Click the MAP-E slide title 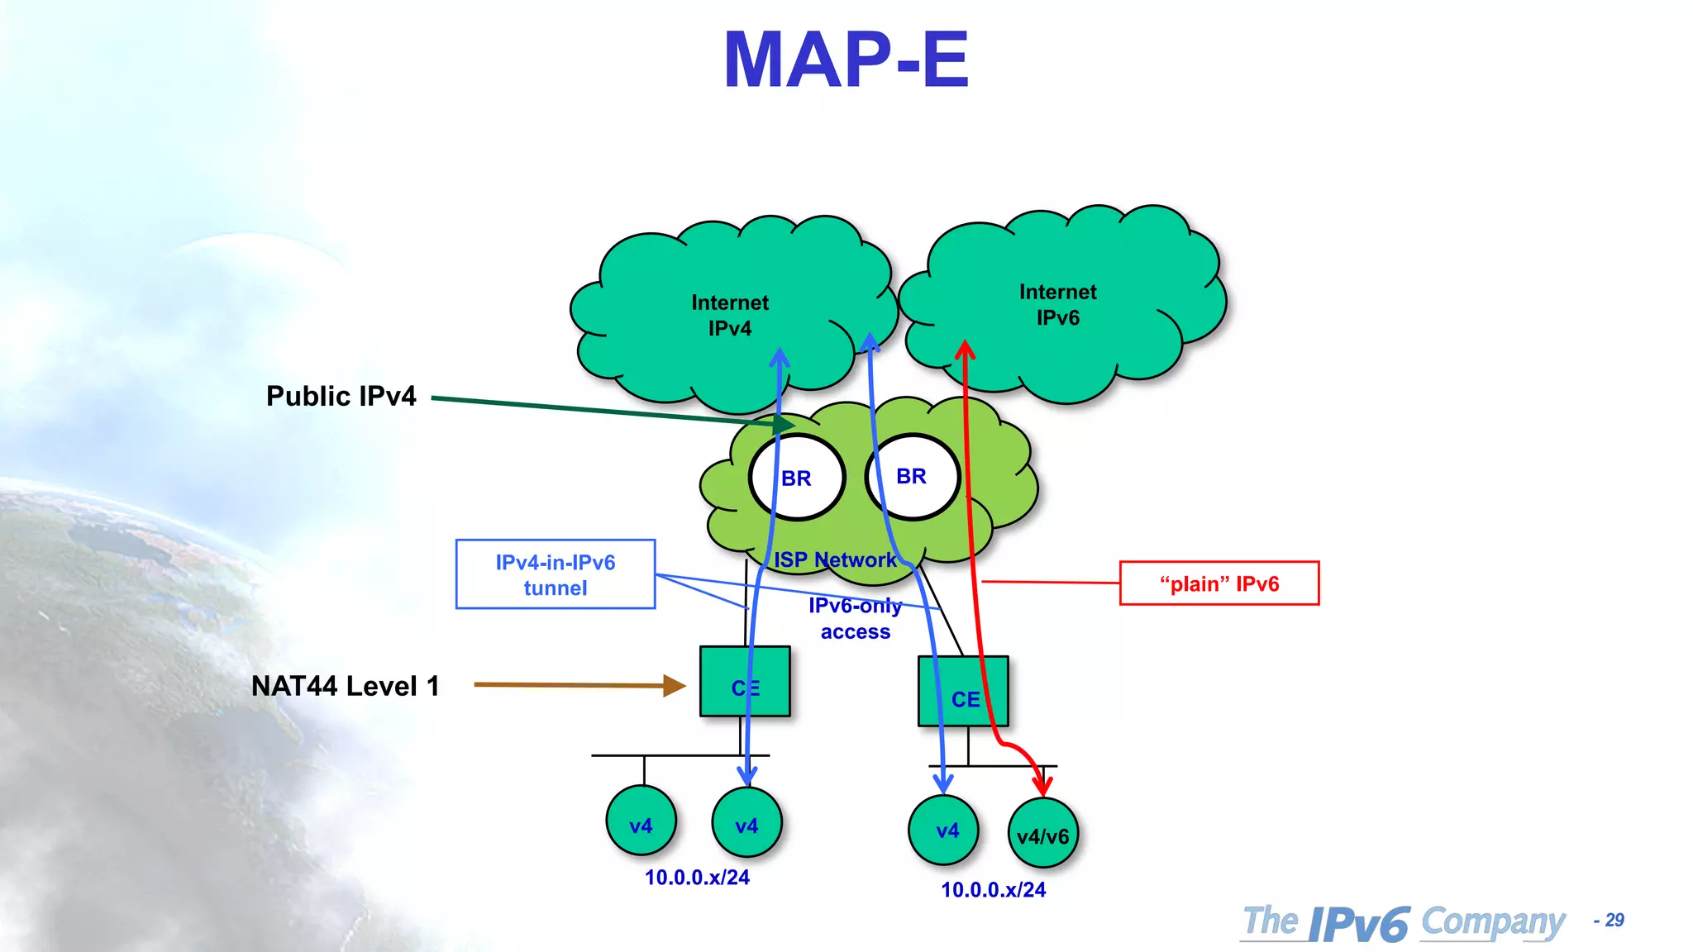(846, 59)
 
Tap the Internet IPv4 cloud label (730, 315)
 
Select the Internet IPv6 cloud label (1057, 304)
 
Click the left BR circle (797, 478)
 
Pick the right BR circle (913, 477)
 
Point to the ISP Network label (835, 559)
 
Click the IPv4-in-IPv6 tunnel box (556, 574)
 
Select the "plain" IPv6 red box (1219, 583)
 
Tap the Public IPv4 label (341, 396)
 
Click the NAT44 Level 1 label (345, 686)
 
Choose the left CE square (745, 681)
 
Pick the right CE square (963, 692)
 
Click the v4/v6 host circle (1043, 834)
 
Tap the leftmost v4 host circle (641, 821)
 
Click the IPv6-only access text (856, 618)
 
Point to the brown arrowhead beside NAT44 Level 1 (675, 685)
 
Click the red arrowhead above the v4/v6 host (1043, 784)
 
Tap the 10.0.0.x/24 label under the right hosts (993, 890)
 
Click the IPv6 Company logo (1404, 922)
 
